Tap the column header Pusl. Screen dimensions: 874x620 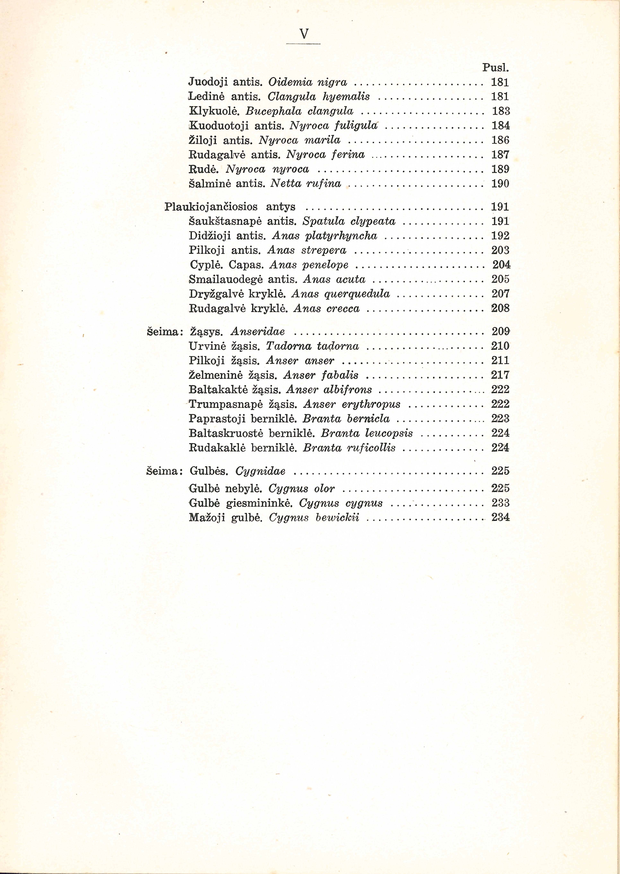point(496,68)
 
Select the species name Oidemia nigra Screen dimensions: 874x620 point(308,82)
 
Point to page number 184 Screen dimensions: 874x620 point(501,125)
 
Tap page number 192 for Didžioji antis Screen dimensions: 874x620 point(501,236)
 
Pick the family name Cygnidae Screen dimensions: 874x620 point(260,471)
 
